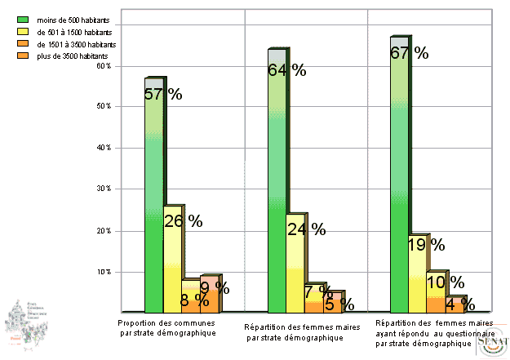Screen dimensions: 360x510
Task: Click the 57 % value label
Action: [x=162, y=94]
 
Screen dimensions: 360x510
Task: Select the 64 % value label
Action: [x=286, y=70]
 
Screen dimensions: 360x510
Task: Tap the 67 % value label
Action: [x=410, y=53]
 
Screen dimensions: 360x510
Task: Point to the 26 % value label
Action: [x=184, y=220]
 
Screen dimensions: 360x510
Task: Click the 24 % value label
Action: [x=306, y=229]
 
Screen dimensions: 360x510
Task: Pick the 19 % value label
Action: [x=426, y=244]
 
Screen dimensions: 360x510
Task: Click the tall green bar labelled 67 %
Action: [x=398, y=204]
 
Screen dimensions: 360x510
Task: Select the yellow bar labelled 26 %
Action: [x=172, y=269]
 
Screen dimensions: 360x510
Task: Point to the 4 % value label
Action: [x=459, y=304]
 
